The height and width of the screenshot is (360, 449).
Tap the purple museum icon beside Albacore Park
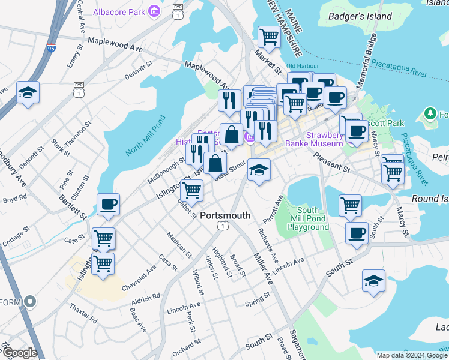coord(155,11)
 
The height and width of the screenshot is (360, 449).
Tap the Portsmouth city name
coord(224,215)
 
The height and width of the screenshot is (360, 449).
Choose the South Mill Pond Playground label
coord(313,218)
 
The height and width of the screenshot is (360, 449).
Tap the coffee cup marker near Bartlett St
coord(108,205)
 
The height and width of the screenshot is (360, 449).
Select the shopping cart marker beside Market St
coord(269,37)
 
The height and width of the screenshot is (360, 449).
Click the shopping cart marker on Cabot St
coord(191,191)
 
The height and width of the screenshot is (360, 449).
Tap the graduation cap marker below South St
coord(373,281)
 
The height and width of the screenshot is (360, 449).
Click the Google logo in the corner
coord(19,353)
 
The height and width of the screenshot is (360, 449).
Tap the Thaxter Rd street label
coord(83,312)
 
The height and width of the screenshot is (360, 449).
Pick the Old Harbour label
coord(300,66)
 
